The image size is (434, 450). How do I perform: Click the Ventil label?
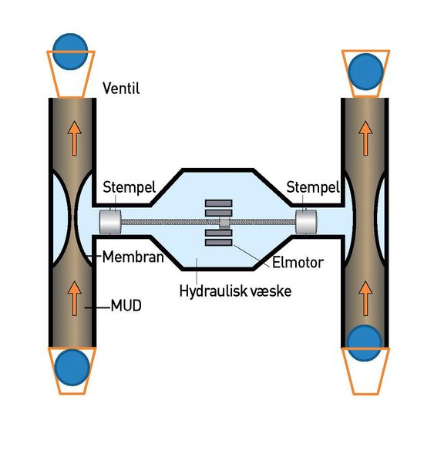pyautogui.click(x=121, y=88)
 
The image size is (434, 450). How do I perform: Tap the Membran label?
pyautogui.click(x=133, y=257)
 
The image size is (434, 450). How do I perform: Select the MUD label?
pyautogui.click(x=126, y=306)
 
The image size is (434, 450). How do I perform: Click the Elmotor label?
pyautogui.click(x=298, y=262)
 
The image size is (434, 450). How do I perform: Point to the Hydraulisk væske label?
pyautogui.click(x=235, y=291)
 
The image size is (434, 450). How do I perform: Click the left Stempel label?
pyautogui.click(x=130, y=187)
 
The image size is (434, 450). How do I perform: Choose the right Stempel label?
pyautogui.click(x=313, y=187)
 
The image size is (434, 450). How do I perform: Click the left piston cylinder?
pyautogui.click(x=110, y=222)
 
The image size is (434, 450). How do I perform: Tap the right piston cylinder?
pyautogui.click(x=306, y=222)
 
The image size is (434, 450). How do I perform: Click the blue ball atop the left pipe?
pyautogui.click(x=70, y=52)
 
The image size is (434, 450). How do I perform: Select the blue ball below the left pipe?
pyautogui.click(x=72, y=368)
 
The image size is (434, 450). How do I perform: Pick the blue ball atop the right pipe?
pyautogui.click(x=365, y=72)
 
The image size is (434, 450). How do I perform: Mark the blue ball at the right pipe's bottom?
pyautogui.click(x=365, y=343)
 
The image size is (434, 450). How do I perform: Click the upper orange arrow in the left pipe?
pyautogui.click(x=75, y=139)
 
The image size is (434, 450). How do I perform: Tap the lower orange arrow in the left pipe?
pyautogui.click(x=75, y=298)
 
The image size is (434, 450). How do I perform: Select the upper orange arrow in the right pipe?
pyautogui.click(x=365, y=139)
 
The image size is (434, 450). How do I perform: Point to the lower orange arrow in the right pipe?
pyautogui.click(x=365, y=298)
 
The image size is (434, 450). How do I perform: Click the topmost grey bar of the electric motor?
pyautogui.click(x=219, y=203)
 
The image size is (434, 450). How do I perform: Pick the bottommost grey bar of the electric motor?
pyautogui.click(x=219, y=243)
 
